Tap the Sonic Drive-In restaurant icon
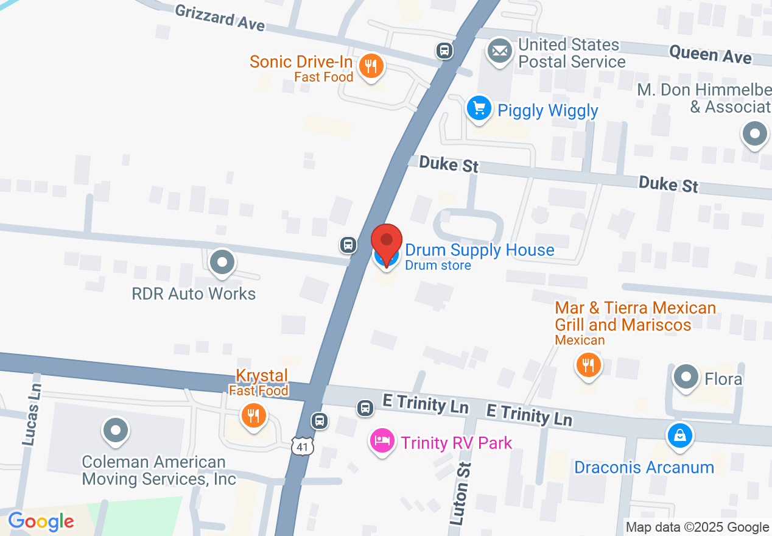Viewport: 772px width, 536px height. point(370,65)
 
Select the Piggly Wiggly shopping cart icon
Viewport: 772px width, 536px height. point(479,108)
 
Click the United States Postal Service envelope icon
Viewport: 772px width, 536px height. point(500,51)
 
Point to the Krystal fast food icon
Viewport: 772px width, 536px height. point(253,417)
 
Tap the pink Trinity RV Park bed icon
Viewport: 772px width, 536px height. point(382,441)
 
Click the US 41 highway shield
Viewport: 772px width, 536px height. point(303,446)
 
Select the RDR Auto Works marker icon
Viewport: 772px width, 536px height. point(222,263)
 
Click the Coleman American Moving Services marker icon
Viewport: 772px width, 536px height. point(116,431)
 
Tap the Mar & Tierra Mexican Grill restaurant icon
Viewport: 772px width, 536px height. point(588,365)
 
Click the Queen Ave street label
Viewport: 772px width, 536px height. point(710,55)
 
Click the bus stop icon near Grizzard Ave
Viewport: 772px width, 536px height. point(444,51)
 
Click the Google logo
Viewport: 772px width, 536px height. point(41,521)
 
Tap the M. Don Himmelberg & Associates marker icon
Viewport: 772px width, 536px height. point(755,133)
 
